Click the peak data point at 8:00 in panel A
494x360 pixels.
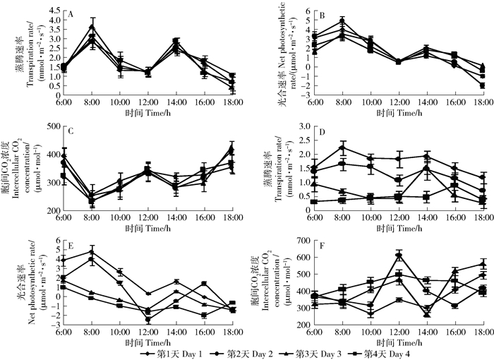[x=92, y=27]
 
